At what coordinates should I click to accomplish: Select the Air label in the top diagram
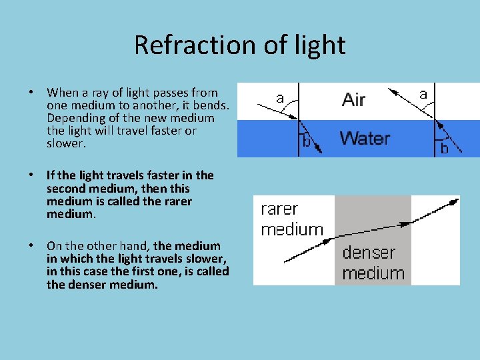click(353, 100)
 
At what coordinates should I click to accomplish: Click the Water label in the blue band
click(364, 139)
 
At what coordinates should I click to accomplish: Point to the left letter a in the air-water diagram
click(280, 99)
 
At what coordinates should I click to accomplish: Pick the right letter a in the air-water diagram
click(423, 95)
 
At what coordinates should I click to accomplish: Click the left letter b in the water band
click(307, 141)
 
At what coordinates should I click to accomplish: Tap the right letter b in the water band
click(444, 149)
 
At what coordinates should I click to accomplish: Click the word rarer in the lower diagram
click(279, 209)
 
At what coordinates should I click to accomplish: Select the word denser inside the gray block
click(369, 253)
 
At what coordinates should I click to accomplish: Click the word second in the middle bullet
click(67, 188)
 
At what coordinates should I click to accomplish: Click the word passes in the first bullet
click(171, 93)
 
